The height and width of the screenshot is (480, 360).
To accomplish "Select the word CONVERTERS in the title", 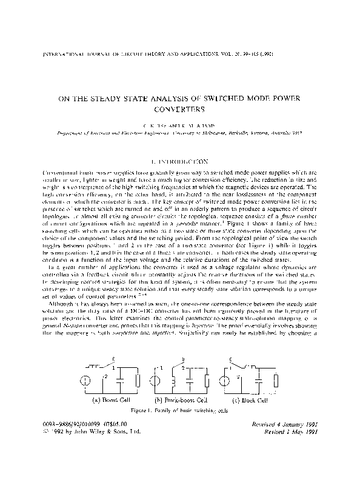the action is click(x=180, y=109).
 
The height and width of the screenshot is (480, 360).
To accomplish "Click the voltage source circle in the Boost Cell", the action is click(x=86, y=382).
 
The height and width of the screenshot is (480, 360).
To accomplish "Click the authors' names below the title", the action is click(x=180, y=124).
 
